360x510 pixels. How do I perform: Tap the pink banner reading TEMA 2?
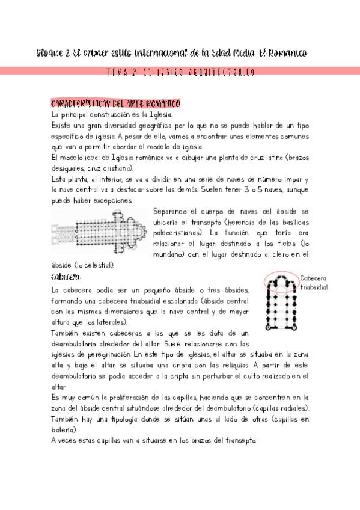click(x=180, y=72)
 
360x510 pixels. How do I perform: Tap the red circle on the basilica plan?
click(x=280, y=281)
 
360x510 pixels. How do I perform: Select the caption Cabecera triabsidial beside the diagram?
click(x=313, y=283)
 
